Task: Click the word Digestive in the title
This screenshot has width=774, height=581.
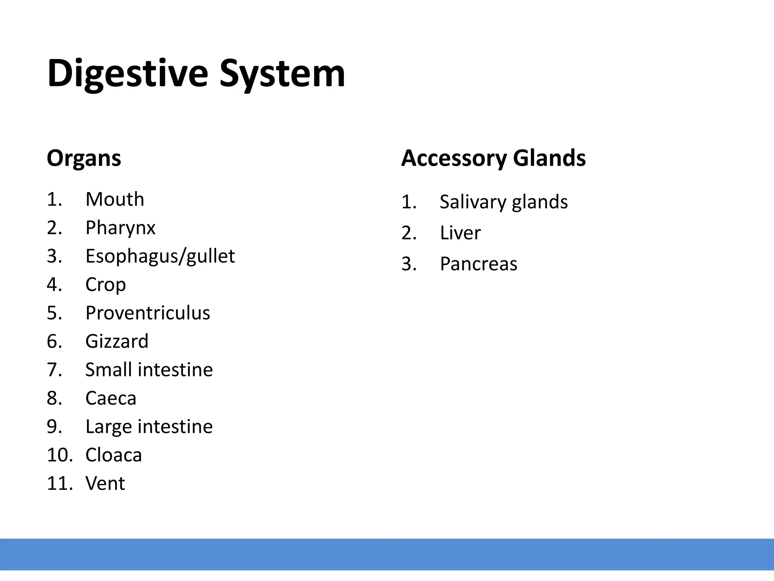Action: tap(128, 73)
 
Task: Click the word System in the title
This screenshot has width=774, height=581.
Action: tap(282, 73)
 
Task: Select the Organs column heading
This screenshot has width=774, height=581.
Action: tap(84, 158)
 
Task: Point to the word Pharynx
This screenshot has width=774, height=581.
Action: tap(120, 228)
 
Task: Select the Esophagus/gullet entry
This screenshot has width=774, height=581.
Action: tap(160, 256)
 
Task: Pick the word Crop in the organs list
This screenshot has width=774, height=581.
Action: tap(105, 284)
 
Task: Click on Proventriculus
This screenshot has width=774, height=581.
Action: tap(147, 313)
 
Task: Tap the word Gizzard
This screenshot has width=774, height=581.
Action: tap(117, 341)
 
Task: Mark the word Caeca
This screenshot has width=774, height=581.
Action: tap(111, 398)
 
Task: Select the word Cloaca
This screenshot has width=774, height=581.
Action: tap(113, 455)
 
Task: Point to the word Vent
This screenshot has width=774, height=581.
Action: tap(105, 483)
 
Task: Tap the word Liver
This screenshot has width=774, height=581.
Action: tap(460, 233)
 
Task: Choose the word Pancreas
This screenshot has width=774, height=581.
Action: tap(478, 264)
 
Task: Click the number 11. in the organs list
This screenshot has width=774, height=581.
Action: tap(60, 483)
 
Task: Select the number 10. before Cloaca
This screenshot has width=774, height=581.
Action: tap(60, 455)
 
